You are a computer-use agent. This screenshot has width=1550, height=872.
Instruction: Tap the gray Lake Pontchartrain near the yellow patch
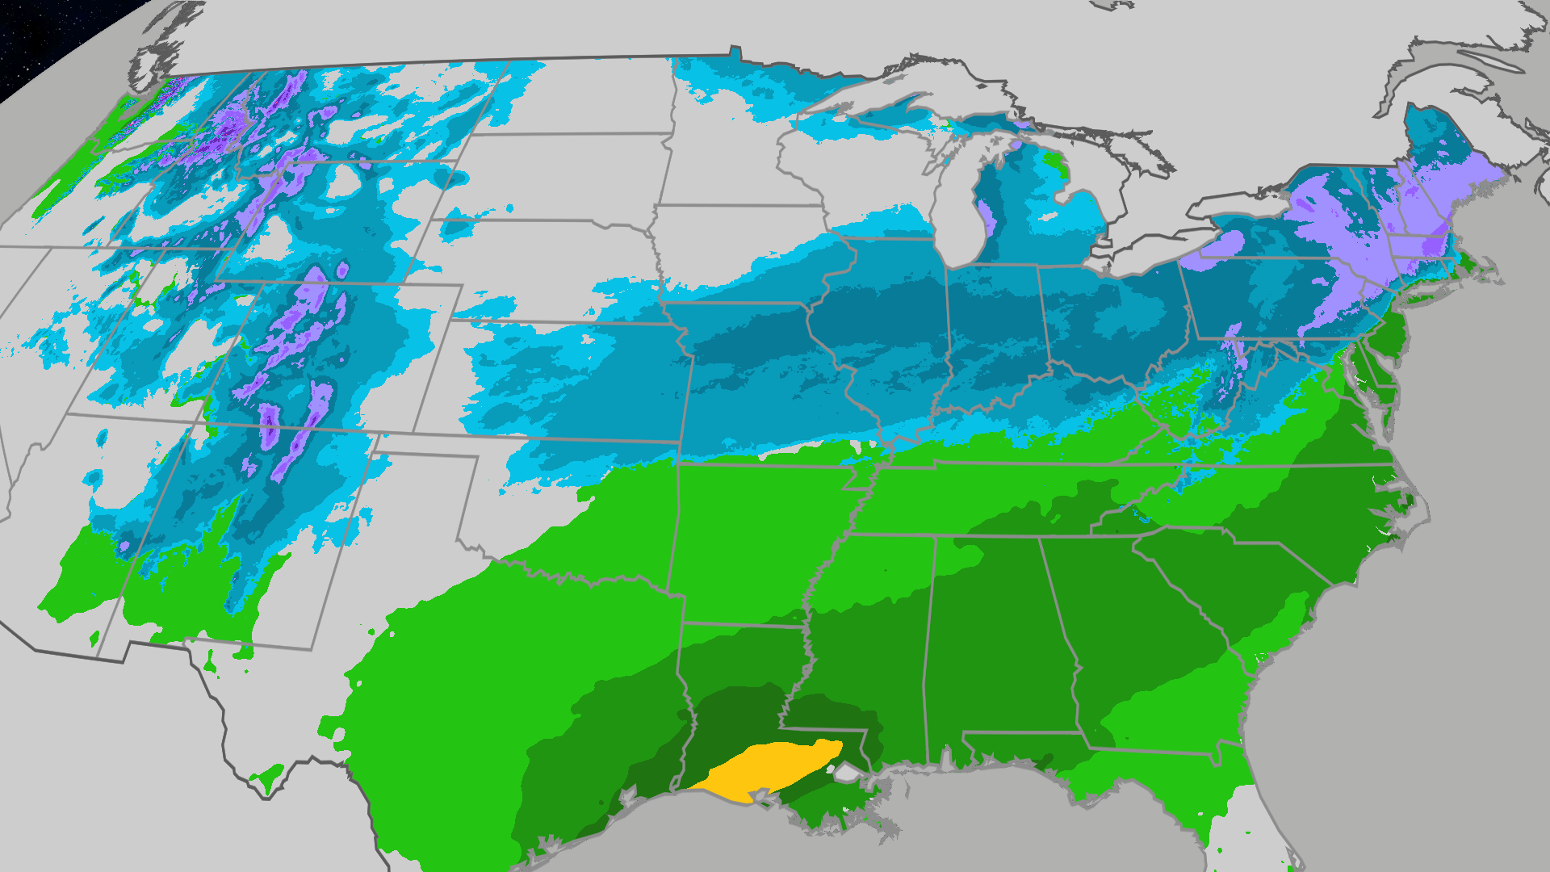[x=846, y=773]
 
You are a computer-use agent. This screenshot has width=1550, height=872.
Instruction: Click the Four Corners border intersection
[x=203, y=421]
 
